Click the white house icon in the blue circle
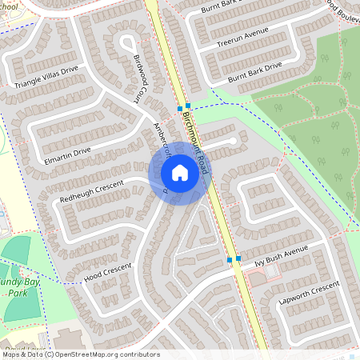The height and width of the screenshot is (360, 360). point(180,173)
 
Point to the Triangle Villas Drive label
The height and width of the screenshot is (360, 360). point(46,77)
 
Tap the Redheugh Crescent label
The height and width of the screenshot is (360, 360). point(90,191)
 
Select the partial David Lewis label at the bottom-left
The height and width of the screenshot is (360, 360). point(24,351)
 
